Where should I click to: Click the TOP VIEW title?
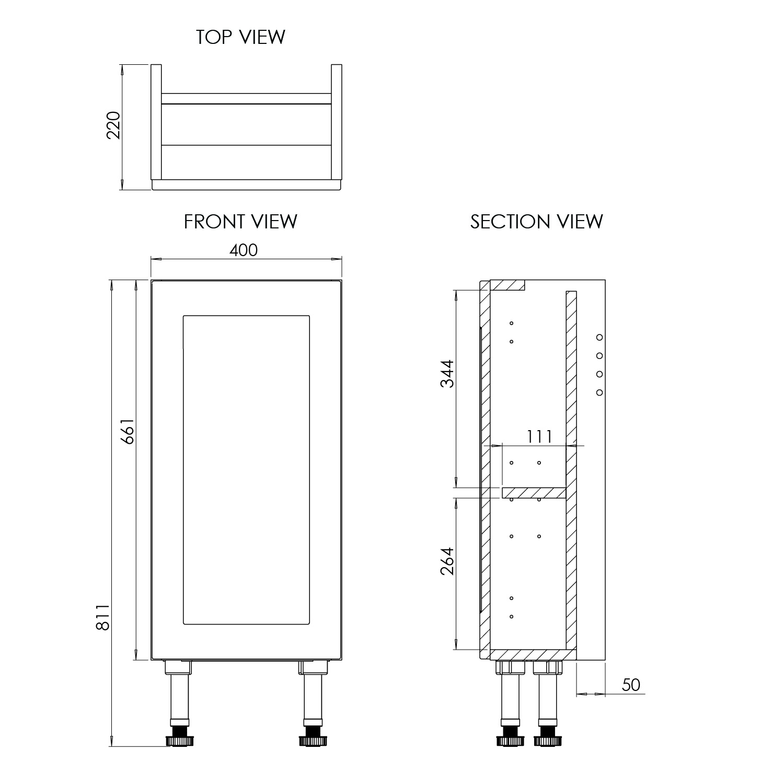240,37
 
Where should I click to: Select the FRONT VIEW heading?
240,222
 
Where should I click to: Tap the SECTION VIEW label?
537,222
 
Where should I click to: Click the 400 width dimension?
244,250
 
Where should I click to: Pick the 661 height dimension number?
128,431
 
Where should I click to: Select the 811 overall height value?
102,617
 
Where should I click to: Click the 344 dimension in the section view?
447,373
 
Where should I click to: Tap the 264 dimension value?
447,561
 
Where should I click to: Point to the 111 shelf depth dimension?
539,436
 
